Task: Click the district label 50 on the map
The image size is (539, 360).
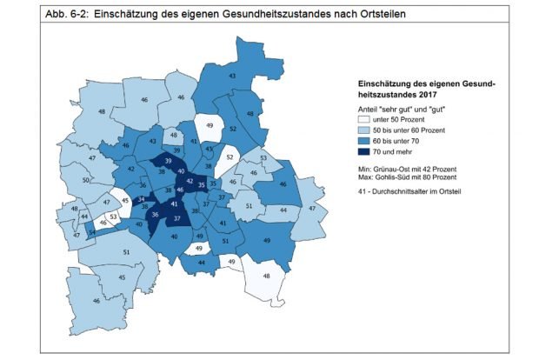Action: [86, 181]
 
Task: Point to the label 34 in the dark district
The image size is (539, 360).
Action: [141, 200]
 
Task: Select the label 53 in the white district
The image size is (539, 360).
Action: [113, 216]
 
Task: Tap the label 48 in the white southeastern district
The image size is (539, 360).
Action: [267, 276]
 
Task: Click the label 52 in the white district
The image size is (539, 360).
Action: [230, 158]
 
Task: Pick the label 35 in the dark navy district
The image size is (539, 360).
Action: [202, 185]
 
